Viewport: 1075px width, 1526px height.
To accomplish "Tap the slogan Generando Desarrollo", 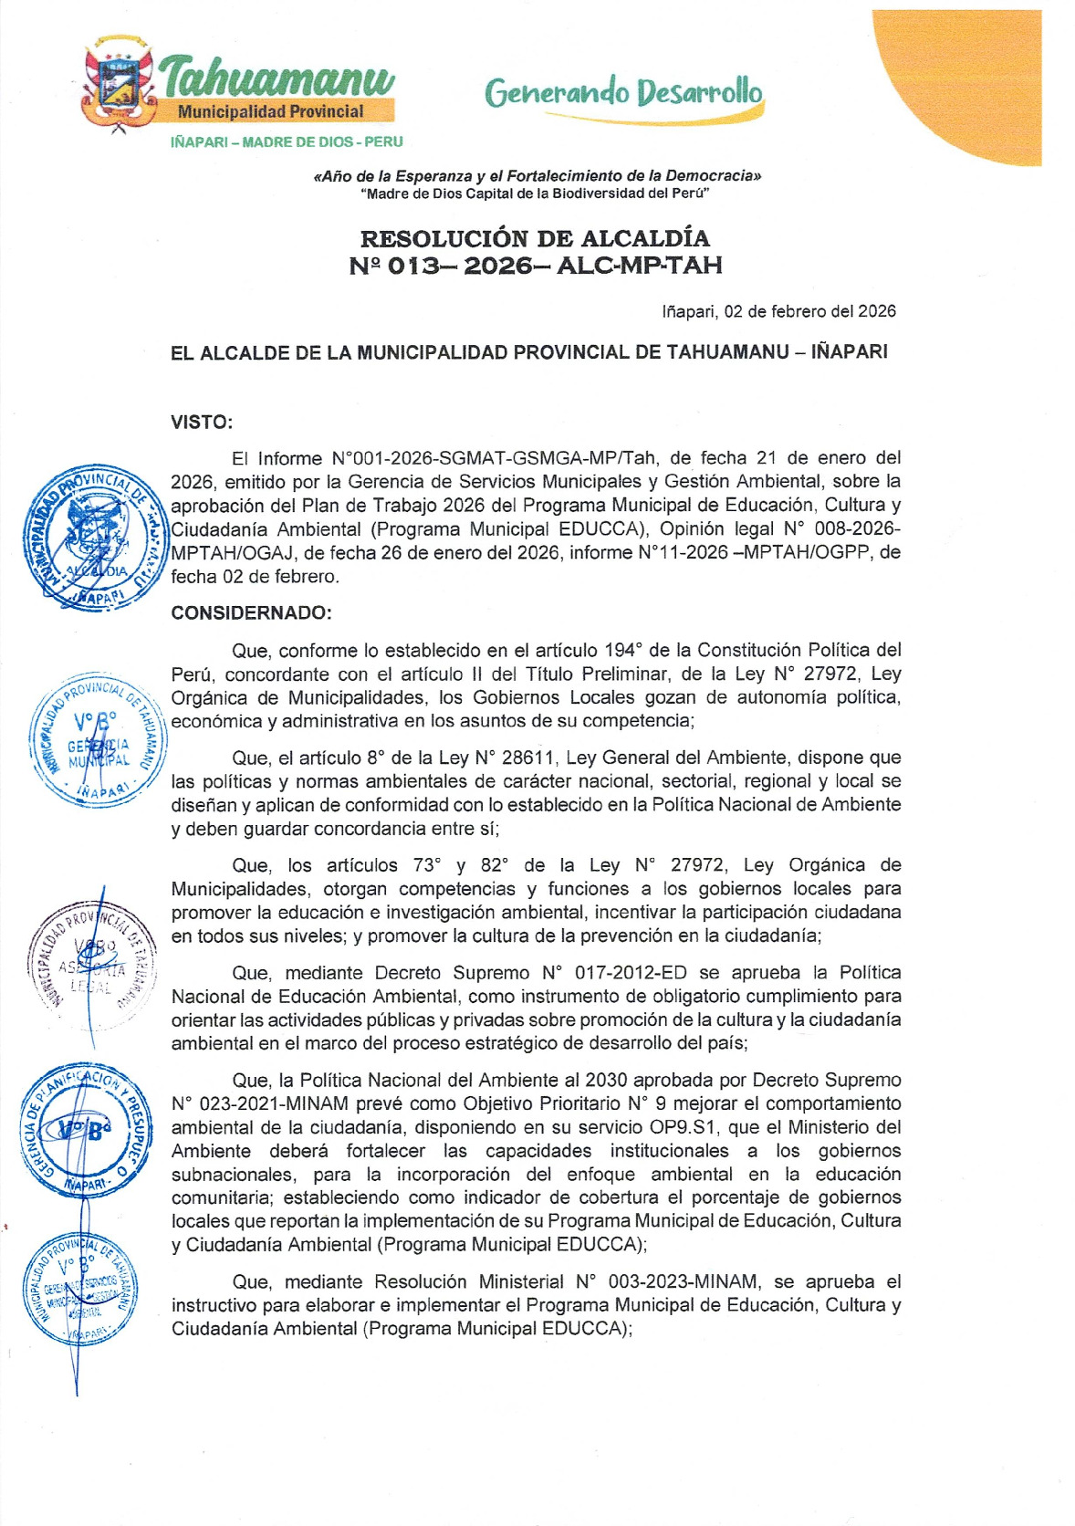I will click(624, 92).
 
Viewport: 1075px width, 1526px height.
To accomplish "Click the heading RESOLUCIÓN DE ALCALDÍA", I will click(535, 239).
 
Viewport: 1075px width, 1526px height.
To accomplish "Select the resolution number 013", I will click(418, 266).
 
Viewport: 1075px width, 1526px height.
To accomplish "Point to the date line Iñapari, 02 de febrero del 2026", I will click(778, 311).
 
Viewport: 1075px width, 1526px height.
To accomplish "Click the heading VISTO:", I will click(202, 423).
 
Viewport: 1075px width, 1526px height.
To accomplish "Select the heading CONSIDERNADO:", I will click(251, 613).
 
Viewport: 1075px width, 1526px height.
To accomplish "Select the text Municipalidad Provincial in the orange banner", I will click(270, 111).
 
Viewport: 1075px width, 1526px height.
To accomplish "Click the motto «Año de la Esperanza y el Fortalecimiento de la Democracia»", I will click(537, 175).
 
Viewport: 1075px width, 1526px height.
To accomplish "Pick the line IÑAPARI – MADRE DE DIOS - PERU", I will click(287, 142).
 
